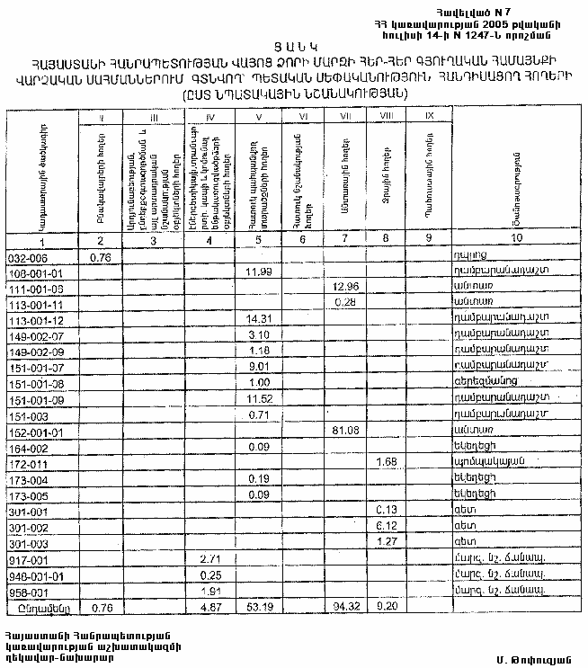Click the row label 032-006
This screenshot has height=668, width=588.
pos(25,257)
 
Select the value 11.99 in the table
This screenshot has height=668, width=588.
pos(259,271)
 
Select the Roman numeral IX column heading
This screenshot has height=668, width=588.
pos(429,116)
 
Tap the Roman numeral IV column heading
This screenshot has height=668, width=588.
pos(209,116)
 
